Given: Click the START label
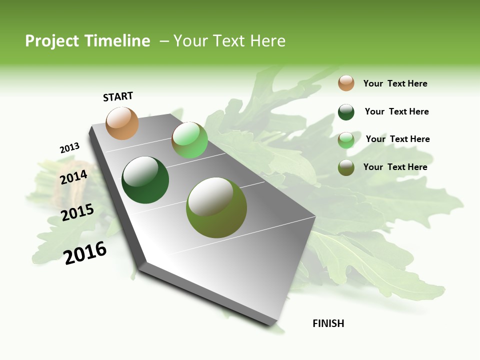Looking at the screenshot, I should (118, 96).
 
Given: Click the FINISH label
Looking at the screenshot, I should (328, 323).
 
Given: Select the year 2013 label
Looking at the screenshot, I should (69, 148).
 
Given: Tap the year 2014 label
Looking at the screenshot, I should (74, 177).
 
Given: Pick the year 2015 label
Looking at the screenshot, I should (77, 212).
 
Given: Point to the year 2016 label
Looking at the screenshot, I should (85, 253).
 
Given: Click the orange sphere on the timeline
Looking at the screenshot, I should (122, 123).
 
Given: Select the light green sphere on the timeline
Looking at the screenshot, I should (189, 140).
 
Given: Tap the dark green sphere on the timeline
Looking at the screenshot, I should (145, 180).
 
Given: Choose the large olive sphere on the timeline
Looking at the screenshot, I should (216, 207).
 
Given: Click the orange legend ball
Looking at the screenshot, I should (346, 83).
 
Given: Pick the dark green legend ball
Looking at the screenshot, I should (346, 112).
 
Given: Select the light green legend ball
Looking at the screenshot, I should (346, 140).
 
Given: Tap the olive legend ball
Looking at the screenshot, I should (346, 167).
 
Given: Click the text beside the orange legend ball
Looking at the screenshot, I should (395, 83).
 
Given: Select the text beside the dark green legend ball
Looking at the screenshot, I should (396, 111).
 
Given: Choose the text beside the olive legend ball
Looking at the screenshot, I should (395, 167).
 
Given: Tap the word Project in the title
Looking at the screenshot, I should (52, 41).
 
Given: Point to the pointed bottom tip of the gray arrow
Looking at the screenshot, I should (272, 324).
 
